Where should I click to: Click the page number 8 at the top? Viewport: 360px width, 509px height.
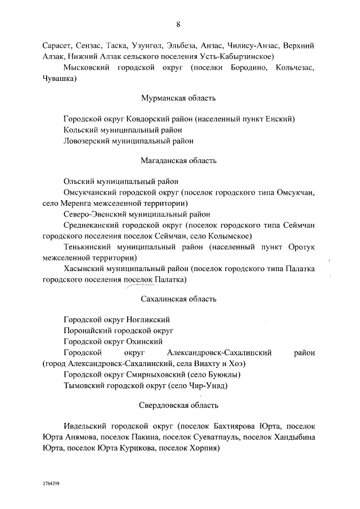[x=178, y=24]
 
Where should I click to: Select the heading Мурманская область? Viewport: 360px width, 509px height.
[x=178, y=98]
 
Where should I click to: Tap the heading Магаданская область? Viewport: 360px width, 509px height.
[x=178, y=161]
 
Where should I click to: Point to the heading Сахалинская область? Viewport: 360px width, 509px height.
[x=178, y=299]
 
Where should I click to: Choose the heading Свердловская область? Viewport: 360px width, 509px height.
[x=178, y=406]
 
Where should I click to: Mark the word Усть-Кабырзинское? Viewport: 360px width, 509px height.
[x=238, y=57]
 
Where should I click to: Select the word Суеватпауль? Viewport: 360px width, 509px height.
[x=218, y=438]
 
